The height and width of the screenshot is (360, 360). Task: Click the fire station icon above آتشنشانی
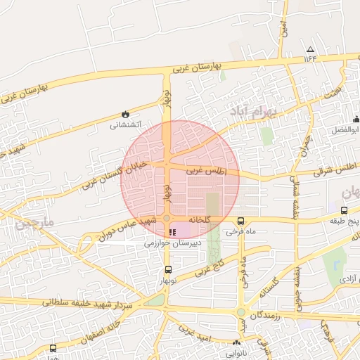(125, 114)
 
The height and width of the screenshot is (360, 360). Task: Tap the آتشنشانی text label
(126, 125)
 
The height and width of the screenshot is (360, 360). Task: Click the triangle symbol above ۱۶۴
(311, 49)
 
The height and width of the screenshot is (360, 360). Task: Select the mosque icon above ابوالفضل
(356, 119)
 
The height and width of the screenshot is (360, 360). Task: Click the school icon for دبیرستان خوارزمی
(173, 232)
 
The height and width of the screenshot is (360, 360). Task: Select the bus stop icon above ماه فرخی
(241, 221)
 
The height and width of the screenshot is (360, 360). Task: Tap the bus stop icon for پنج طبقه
(344, 210)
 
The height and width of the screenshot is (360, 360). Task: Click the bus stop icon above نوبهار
(167, 269)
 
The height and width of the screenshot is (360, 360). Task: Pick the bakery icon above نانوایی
(236, 343)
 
